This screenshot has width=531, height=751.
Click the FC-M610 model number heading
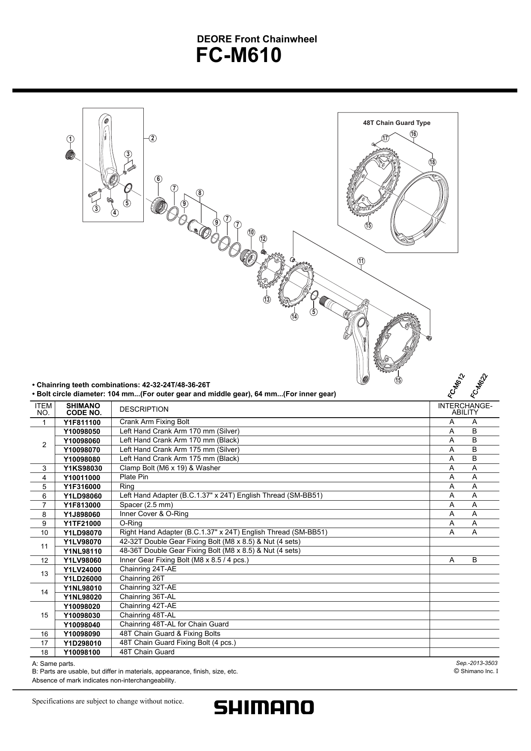(x=239, y=56)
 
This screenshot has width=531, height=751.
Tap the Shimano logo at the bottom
(x=264, y=707)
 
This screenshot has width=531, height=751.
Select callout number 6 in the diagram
(x=158, y=179)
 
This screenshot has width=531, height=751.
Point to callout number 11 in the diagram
(x=361, y=261)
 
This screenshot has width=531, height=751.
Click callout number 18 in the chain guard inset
(x=433, y=162)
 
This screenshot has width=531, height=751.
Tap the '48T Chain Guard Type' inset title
(x=397, y=123)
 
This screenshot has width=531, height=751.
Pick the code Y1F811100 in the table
(x=82, y=422)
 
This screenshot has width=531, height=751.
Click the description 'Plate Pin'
(x=134, y=477)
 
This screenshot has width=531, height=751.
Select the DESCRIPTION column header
(x=144, y=410)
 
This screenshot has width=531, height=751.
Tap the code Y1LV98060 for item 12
(x=82, y=560)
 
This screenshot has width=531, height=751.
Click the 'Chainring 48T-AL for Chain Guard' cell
(x=174, y=624)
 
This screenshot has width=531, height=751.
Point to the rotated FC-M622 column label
(x=479, y=385)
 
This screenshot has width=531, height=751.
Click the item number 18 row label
(x=44, y=653)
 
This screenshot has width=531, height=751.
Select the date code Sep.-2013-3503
(x=476, y=663)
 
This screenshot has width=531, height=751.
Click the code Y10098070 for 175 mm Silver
(x=82, y=450)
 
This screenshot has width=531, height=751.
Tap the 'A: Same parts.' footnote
(x=53, y=664)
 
